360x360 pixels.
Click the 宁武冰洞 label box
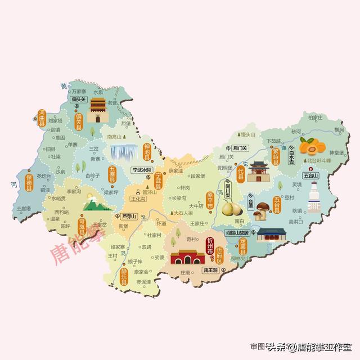pos(142,169)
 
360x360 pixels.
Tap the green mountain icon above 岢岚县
pos(96,203)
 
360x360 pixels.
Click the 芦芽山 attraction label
pos(129,215)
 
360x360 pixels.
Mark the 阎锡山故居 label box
pos(237,232)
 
